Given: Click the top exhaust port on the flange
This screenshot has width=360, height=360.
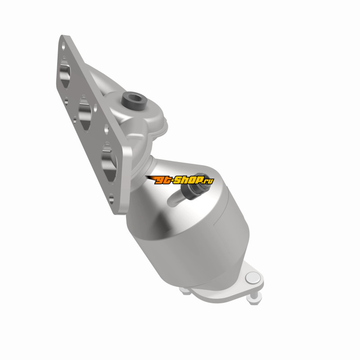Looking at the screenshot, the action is [x=65, y=73].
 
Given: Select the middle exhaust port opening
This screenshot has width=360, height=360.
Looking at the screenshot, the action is [x=85, y=114].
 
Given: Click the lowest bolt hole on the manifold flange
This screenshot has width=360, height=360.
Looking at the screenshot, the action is [x=111, y=198].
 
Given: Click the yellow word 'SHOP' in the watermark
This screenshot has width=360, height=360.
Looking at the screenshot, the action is [x=189, y=180].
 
